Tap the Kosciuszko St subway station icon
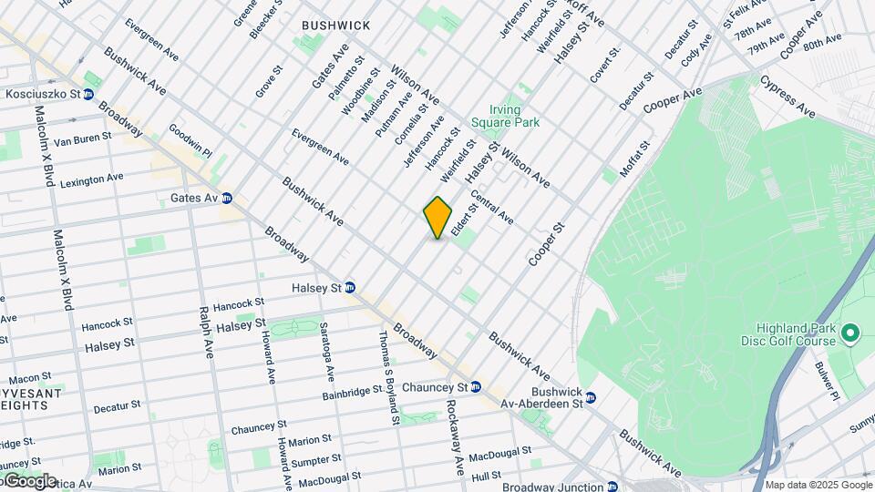(88, 94)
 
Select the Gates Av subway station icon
(226, 198)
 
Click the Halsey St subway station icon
(349, 288)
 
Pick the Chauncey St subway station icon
(475, 387)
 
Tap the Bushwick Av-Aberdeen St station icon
(590, 398)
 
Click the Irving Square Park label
(505, 116)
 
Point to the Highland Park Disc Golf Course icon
(850, 334)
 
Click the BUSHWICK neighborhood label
(336, 26)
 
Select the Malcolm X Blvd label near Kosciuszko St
(42, 146)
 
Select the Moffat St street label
(634, 159)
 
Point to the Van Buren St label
(82, 138)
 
